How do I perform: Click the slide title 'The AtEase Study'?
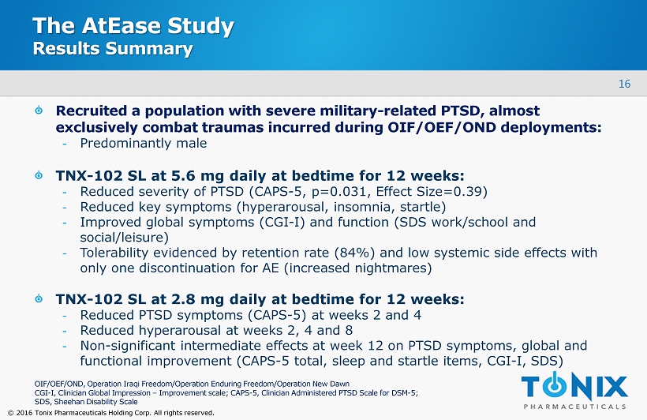point(133,26)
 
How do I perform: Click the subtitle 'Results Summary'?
point(112,49)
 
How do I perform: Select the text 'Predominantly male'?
point(143,144)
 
